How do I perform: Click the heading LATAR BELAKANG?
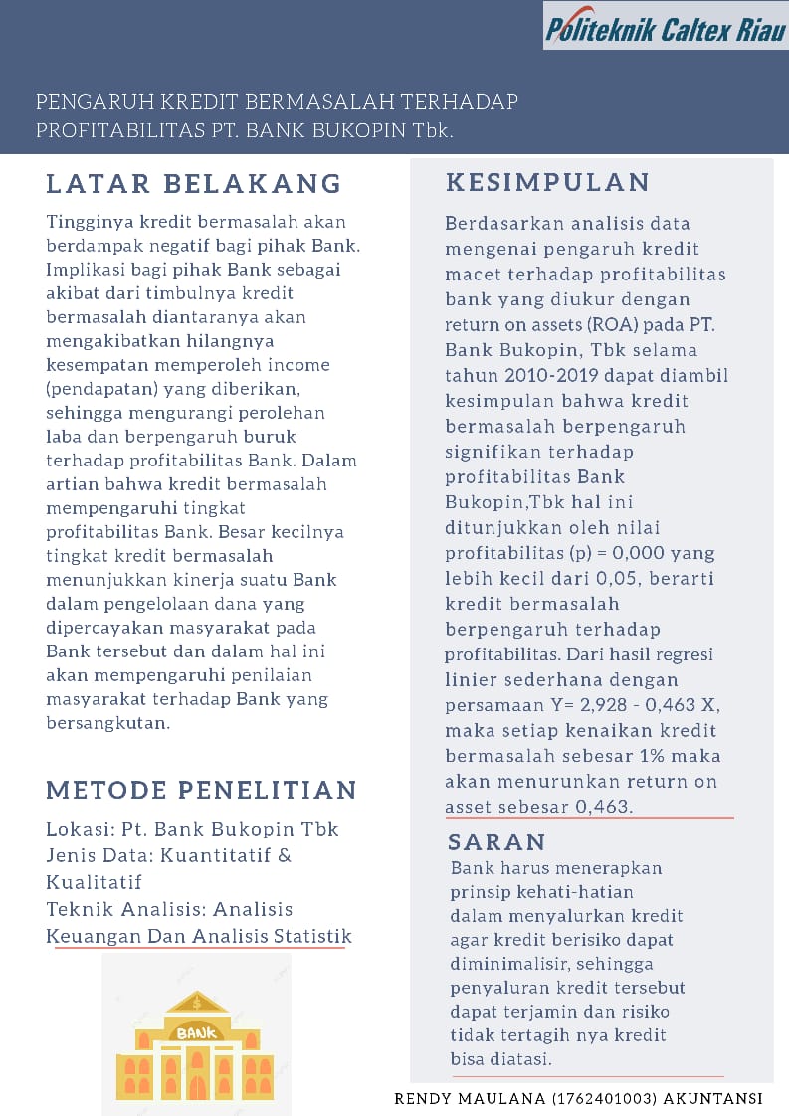(x=194, y=184)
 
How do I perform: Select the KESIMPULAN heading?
(x=548, y=182)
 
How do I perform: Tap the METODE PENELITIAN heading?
(x=202, y=791)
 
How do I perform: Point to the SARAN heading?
(x=497, y=842)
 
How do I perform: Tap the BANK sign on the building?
(x=196, y=1033)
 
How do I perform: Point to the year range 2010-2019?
(x=558, y=376)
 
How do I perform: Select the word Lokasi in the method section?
(x=78, y=829)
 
